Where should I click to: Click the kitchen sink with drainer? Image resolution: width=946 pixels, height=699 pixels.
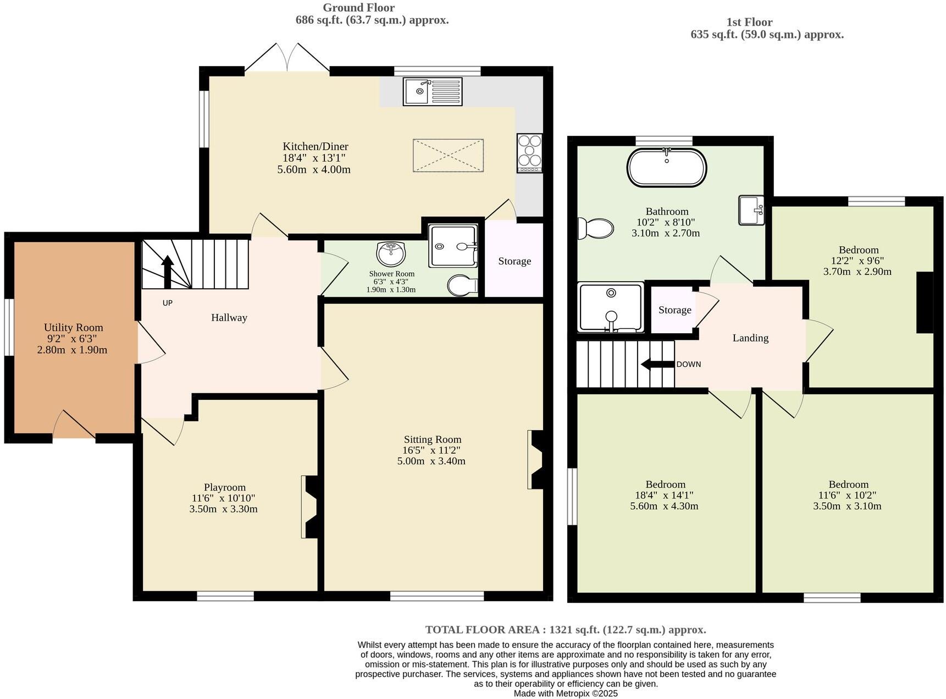pos(433,91)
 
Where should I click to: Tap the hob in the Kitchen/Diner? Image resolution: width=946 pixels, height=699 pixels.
pos(529,153)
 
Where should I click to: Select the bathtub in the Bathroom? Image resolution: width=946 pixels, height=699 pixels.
pos(667,167)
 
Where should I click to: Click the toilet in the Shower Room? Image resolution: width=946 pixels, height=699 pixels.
pos(462,285)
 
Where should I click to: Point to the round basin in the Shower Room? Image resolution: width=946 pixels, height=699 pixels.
pos(391,254)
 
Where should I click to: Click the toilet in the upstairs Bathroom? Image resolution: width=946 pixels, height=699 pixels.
pos(596,228)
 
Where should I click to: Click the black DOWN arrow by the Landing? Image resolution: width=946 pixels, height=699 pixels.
pos(657,364)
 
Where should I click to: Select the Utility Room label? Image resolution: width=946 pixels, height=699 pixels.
pos(73,327)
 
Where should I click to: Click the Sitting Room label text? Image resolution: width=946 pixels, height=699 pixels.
pos(432,439)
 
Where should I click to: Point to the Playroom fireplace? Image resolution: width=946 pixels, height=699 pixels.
pos(311,507)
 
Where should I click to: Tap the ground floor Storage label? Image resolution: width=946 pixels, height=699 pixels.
pos(515,261)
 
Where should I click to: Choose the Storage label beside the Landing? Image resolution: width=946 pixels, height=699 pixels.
pos(674,310)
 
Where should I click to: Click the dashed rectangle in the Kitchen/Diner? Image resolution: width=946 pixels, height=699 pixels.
pos(448,156)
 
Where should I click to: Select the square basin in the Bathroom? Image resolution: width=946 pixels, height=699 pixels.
pos(751,210)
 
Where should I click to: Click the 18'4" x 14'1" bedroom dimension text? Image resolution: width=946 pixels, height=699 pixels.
pos(664,495)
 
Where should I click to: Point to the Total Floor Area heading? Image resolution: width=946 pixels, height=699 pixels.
pos(565,630)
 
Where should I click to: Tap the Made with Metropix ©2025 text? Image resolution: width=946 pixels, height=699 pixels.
pos(565,694)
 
